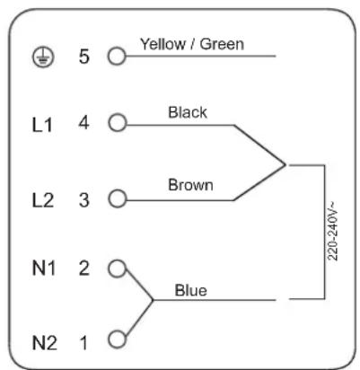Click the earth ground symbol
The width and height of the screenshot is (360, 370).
(x=43, y=57)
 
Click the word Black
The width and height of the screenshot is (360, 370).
(x=188, y=112)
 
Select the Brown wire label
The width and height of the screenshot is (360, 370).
(x=190, y=185)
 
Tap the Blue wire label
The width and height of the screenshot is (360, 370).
(x=190, y=290)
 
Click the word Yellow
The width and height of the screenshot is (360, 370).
(x=163, y=44)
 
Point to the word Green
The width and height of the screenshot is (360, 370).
(x=222, y=44)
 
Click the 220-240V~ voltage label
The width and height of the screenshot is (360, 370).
(x=333, y=231)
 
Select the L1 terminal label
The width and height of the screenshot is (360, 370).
(x=42, y=125)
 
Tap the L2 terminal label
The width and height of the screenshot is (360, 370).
(x=43, y=200)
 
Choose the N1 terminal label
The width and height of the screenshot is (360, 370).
(x=44, y=268)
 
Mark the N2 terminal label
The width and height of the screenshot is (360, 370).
(x=44, y=343)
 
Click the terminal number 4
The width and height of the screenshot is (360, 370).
(x=83, y=123)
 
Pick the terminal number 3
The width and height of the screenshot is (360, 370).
(x=84, y=200)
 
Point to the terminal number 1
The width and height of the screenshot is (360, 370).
(x=84, y=343)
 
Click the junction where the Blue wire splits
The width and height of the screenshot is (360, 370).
(x=153, y=300)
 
